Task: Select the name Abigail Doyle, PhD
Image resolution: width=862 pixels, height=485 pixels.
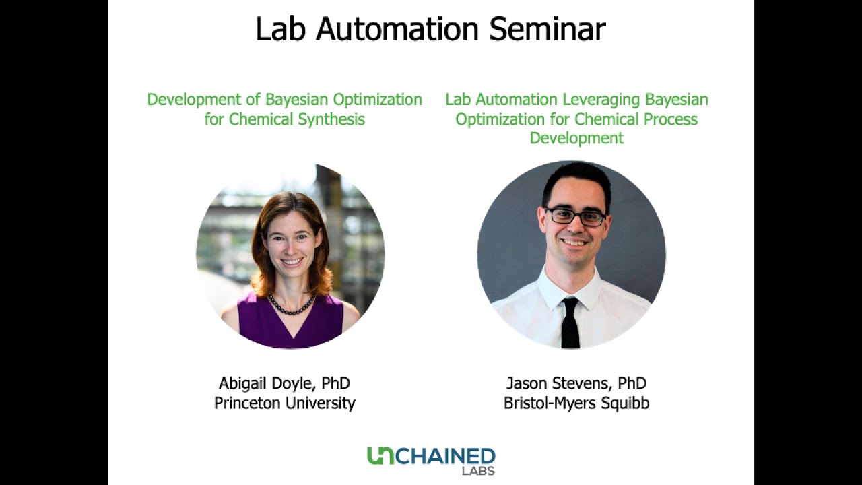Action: [284, 383]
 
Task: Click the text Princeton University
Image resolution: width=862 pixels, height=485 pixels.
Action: [284, 403]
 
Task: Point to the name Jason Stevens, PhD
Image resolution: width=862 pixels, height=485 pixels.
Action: [576, 383]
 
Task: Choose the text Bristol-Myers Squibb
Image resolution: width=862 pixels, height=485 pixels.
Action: [576, 403]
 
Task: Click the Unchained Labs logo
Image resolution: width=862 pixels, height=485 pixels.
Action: [431, 459]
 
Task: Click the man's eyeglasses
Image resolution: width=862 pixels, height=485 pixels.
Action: [575, 216]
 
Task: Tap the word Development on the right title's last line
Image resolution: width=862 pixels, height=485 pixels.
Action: [576, 139]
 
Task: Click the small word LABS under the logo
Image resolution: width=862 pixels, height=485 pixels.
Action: [478, 471]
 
